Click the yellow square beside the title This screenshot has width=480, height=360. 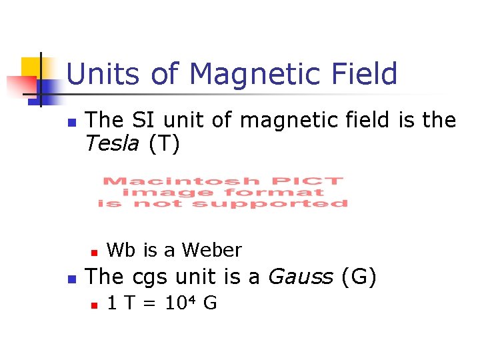tap(31, 67)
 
